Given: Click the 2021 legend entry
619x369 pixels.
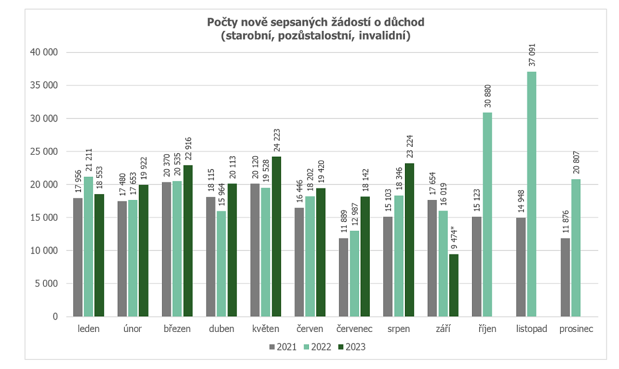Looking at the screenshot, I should point(283,347).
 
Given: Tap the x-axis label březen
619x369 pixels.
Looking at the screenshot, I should point(177,329).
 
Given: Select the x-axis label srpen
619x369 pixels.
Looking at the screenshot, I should point(399,329).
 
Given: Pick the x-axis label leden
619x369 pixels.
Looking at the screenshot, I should point(88,329).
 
